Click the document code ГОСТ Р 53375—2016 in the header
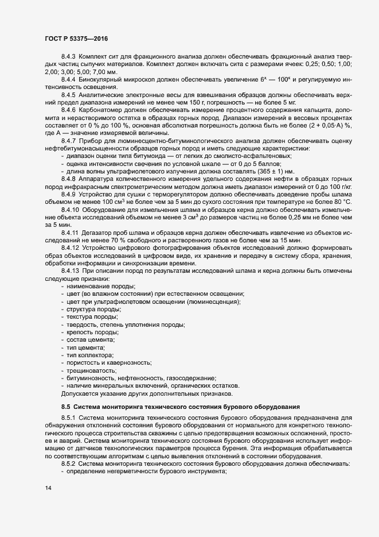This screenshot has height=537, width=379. pyautogui.click(x=76, y=38)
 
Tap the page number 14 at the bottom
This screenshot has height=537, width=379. pyautogui.click(x=47, y=489)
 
